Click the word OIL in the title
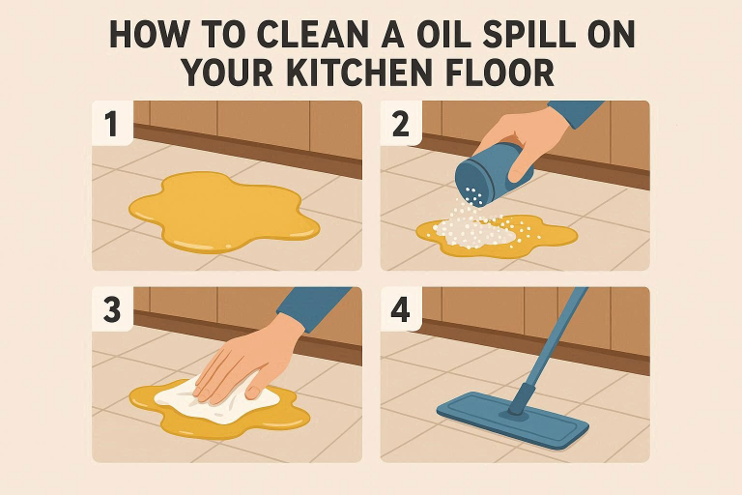tap(443, 34)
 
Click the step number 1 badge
tap(112, 123)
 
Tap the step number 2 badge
tap(401, 123)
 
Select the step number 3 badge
tap(112, 309)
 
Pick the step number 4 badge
tap(401, 309)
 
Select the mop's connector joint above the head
tap(521, 400)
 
